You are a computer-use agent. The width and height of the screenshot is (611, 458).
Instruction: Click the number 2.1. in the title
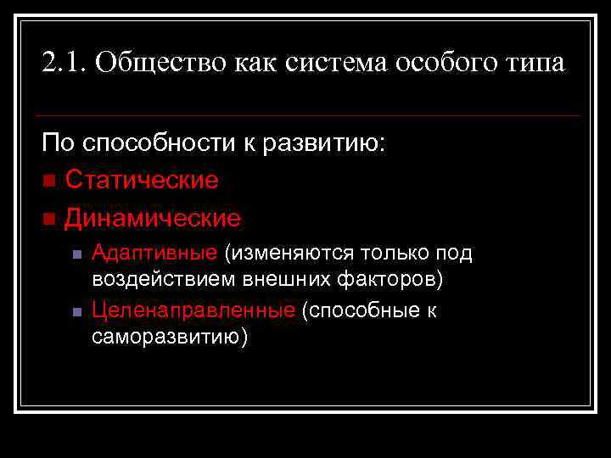64,63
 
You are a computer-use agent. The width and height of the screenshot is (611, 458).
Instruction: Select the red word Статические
142,180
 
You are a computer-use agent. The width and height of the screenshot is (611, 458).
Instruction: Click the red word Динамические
153,218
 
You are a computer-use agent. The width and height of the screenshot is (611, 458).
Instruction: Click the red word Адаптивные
154,253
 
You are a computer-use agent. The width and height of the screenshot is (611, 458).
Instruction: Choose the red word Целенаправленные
193,311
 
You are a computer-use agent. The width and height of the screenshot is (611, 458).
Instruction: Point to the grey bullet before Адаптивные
76,254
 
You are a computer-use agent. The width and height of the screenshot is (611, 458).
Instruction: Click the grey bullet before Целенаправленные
76,312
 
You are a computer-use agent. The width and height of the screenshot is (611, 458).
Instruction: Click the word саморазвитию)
170,337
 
